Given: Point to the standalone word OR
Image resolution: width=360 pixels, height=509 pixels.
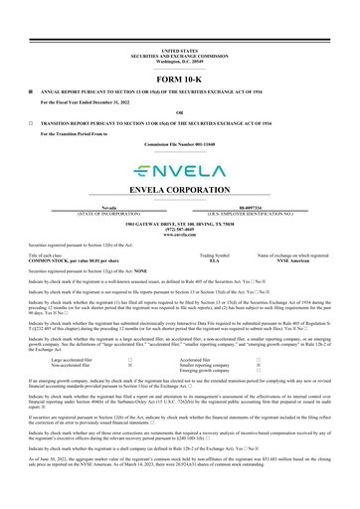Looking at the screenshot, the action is tap(179, 113).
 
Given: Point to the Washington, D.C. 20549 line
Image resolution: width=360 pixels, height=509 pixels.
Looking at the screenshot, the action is tap(179, 58).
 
